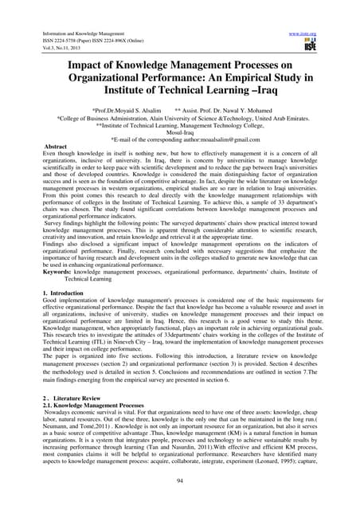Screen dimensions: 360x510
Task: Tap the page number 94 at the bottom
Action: click(179, 481)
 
